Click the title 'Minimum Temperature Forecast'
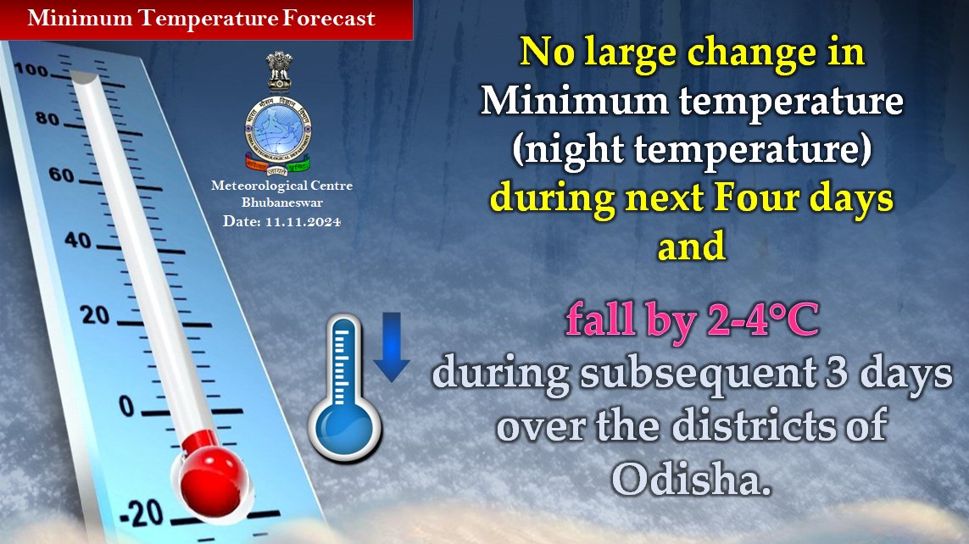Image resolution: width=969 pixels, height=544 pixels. pyautogui.click(x=201, y=19)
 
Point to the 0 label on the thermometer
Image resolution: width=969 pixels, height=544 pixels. pyautogui.click(x=126, y=407)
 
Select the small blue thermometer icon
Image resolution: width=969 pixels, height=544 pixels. pyautogui.click(x=344, y=390)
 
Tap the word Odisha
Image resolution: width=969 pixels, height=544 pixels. pyautogui.click(x=692, y=480)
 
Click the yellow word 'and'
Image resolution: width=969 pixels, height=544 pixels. pyautogui.click(x=692, y=247)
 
